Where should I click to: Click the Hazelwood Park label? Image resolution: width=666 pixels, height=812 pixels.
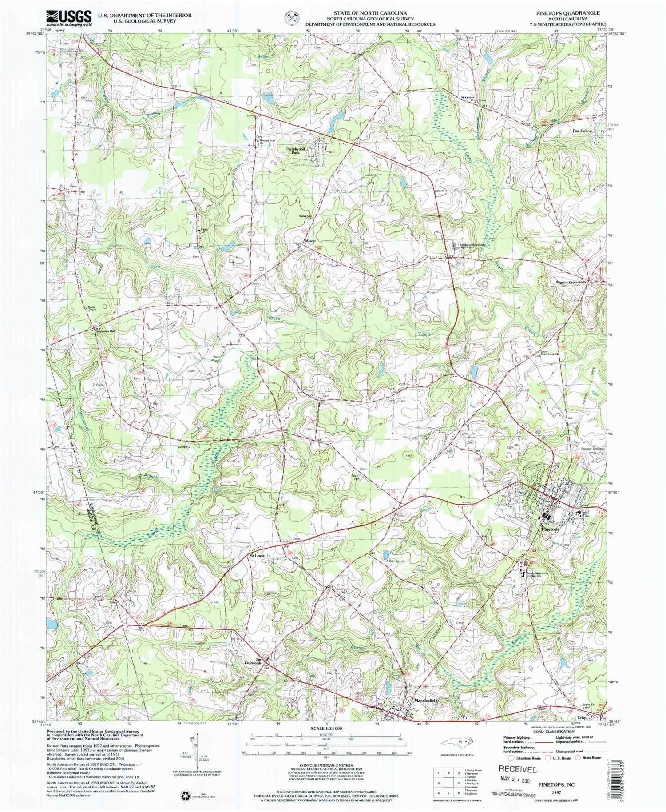tap(296, 151)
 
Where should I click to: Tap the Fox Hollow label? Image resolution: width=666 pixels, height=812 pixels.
tap(582, 131)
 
